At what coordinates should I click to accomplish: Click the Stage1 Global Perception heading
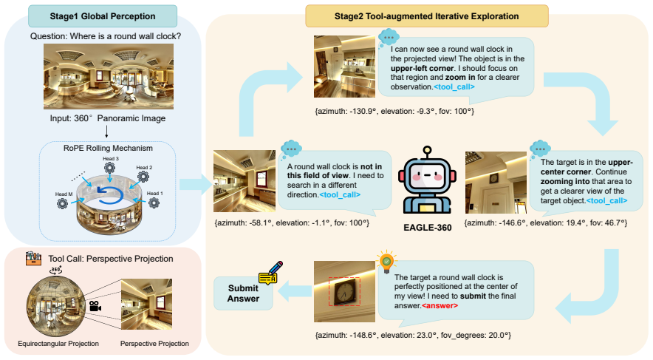point(103,16)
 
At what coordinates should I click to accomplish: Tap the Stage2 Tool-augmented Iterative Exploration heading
point(426,16)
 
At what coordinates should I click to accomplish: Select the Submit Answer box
point(243,293)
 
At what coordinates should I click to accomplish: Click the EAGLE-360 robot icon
point(427,180)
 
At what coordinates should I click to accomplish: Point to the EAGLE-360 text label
point(427,228)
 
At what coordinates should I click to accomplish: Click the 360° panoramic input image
point(109,76)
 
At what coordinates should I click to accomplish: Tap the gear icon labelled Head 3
point(110,168)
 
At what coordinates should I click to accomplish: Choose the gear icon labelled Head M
point(63,203)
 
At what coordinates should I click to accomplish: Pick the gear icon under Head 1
point(154,203)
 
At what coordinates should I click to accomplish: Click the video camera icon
point(95,306)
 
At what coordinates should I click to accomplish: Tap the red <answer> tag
point(440,305)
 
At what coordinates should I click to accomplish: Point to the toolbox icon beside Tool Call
point(33,259)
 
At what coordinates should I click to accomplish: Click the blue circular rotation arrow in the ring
point(110,195)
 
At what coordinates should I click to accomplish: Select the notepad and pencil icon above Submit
point(270,273)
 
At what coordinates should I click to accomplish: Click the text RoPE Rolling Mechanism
point(108,148)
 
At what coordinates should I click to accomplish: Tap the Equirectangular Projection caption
point(58,343)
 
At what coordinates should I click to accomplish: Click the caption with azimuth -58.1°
point(292,223)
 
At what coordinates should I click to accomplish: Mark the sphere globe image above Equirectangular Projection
point(56,306)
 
